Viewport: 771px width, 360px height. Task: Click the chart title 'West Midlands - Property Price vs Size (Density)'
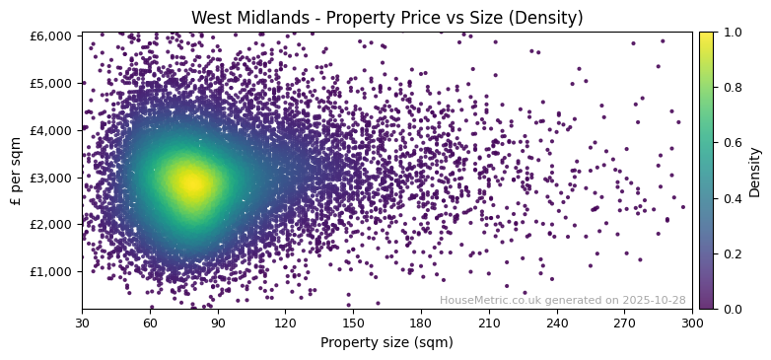(386, 18)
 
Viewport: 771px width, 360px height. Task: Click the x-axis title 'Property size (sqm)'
(386, 343)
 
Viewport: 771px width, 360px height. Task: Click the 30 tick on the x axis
(82, 322)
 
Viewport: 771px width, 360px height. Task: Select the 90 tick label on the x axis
(217, 322)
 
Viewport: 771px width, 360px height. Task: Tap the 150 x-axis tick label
(353, 322)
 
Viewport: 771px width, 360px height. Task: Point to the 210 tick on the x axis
(489, 322)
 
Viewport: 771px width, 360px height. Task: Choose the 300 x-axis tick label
(692, 322)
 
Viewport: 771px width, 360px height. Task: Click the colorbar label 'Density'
(755, 171)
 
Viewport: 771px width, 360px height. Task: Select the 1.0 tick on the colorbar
(731, 32)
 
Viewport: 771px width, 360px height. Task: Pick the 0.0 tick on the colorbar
(731, 309)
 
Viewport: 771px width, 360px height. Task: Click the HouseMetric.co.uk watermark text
(562, 300)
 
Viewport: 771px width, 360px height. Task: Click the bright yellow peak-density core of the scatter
(191, 181)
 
